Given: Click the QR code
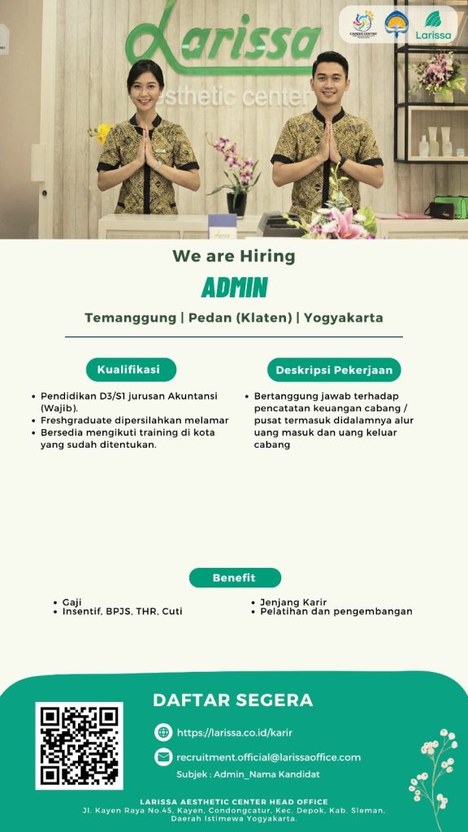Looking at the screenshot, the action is pyautogui.click(x=79, y=746).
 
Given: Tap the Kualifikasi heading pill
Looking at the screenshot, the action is pyautogui.click(x=131, y=370).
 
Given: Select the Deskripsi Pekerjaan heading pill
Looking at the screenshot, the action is pyautogui.click(x=334, y=370).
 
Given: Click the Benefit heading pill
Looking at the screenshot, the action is pyautogui.click(x=235, y=578).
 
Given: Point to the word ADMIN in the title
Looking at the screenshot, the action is pyautogui.click(x=235, y=288).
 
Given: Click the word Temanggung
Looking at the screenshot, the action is pyautogui.click(x=130, y=318).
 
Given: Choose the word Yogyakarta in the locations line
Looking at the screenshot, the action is pyautogui.click(x=344, y=318).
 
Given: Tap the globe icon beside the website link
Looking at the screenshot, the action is pyautogui.click(x=163, y=732).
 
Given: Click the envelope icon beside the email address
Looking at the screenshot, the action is pyautogui.click(x=163, y=756).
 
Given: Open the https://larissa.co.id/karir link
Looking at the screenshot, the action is pyautogui.click(x=235, y=733).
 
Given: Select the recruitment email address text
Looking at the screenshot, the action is pyautogui.click(x=268, y=757).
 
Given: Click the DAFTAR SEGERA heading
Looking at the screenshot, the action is pyautogui.click(x=233, y=700).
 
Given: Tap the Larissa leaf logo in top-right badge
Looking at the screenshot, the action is pyautogui.click(x=434, y=25).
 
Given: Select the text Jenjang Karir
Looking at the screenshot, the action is pyautogui.click(x=293, y=602).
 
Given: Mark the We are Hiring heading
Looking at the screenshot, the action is pyautogui.click(x=234, y=256).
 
